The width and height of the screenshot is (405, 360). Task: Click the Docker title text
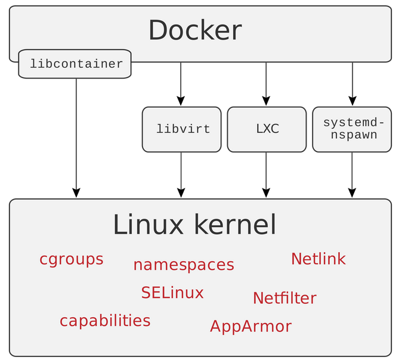195,30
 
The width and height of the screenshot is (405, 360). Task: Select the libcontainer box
75,64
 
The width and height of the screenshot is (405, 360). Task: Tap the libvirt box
181,129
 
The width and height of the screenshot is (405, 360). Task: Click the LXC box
267,129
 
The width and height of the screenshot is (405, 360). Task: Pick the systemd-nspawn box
352,129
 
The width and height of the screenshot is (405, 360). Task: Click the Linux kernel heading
194,225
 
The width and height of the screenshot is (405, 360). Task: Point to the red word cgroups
72,260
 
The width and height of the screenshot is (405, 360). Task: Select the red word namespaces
184,265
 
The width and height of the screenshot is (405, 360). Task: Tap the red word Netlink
319,259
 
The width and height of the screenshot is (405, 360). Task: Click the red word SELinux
172,293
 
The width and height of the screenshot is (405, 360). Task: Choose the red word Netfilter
285,298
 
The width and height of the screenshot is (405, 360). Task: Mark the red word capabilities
105,321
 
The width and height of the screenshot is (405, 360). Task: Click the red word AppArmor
251,327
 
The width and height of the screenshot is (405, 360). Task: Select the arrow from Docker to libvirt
181,84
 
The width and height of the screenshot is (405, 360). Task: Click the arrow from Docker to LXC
266,84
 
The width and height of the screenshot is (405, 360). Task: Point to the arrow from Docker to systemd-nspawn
353,84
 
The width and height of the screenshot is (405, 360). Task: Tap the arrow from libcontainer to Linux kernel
76,138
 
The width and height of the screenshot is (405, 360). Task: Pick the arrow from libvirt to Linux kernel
181,175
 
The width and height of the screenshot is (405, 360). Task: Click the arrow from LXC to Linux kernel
266,175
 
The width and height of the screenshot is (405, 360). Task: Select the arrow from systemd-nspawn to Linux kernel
352,175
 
